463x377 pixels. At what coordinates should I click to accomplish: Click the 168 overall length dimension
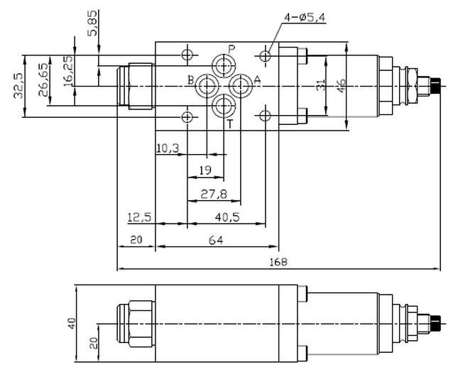click(278, 262)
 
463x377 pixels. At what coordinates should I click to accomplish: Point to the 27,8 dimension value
click(212, 194)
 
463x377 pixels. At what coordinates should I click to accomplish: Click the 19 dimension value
click(205, 170)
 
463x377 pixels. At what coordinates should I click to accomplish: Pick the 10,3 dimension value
click(168, 148)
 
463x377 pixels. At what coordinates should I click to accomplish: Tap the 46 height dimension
click(342, 86)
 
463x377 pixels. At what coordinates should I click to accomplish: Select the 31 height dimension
click(321, 86)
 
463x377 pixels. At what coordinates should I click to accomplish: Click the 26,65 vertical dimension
click(43, 80)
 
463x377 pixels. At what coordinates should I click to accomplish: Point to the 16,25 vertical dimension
click(67, 71)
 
